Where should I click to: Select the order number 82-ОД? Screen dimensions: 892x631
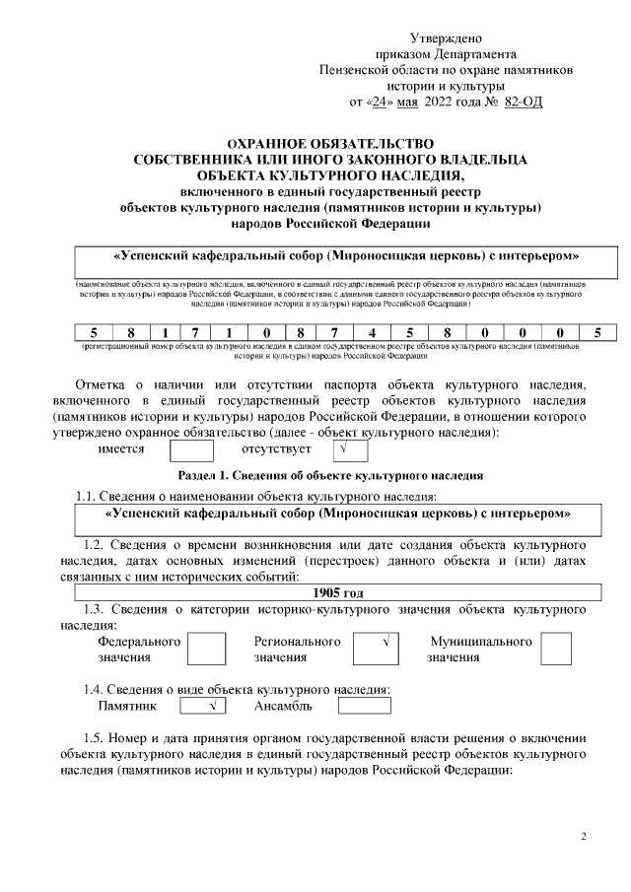coord(523,102)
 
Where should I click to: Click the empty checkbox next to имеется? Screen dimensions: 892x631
coord(191,450)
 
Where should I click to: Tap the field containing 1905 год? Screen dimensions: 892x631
coord(338,593)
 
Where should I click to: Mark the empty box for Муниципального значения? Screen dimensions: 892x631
coord(556,649)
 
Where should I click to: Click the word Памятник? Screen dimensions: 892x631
coord(128,707)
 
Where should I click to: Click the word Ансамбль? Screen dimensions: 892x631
coord(284,707)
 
